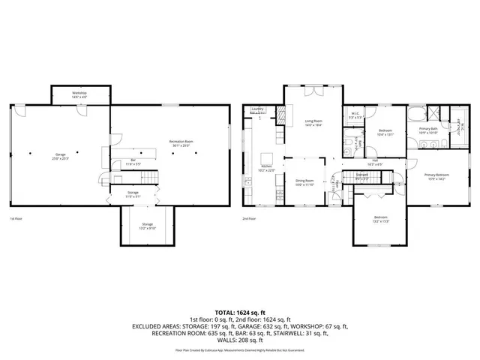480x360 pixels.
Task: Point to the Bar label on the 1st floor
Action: coord(133,161)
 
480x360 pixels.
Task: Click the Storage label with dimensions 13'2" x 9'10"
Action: coord(147,226)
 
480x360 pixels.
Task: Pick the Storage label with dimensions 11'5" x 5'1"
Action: coord(133,194)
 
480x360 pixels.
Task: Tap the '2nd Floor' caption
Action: coord(248,219)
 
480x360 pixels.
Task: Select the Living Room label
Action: coord(313,122)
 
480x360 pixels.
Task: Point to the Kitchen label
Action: coord(266,169)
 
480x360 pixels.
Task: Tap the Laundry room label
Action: coord(256,110)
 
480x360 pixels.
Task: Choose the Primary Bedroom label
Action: coord(435,177)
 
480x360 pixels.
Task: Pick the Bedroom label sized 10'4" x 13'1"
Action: coord(385,133)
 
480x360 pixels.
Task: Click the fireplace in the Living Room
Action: coord(282,115)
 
